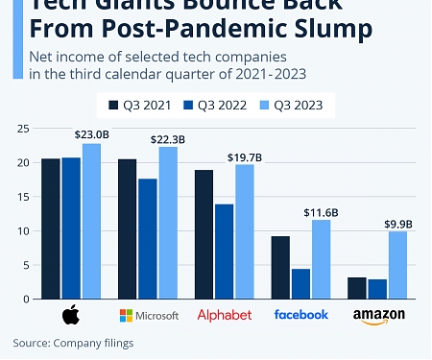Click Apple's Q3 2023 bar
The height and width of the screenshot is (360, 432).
click(x=91, y=221)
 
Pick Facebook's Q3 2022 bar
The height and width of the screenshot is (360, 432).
click(x=301, y=283)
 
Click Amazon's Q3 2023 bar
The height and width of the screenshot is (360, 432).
click(x=398, y=264)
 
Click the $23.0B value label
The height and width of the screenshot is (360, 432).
click(x=92, y=135)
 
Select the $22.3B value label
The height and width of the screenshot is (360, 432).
click(x=168, y=139)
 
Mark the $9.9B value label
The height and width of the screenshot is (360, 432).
click(x=397, y=224)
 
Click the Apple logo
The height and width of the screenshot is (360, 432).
click(x=70, y=315)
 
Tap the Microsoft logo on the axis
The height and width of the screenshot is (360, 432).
click(x=148, y=315)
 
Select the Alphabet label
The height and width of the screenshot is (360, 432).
click(x=224, y=315)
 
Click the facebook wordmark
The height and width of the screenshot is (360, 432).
click(x=300, y=314)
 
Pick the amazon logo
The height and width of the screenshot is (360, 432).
click(x=378, y=316)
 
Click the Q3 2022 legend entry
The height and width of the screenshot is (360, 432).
click(x=213, y=102)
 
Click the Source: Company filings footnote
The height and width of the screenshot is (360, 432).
click(x=73, y=342)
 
